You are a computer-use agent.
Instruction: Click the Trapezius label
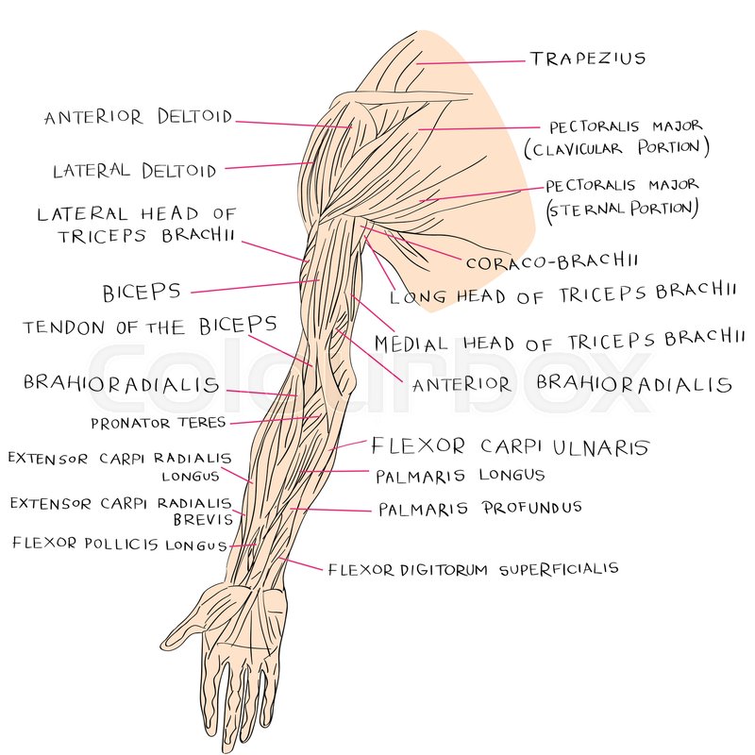pos(588,59)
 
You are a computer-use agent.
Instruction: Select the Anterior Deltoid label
pos(138,118)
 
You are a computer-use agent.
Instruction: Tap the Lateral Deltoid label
pos(134,172)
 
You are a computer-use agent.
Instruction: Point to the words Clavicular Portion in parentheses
pos(615,148)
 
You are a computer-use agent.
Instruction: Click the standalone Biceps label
pos(142,291)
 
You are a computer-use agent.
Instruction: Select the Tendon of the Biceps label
pos(150,327)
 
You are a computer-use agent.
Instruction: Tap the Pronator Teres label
pos(158,424)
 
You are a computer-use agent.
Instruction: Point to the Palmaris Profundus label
pos(479,509)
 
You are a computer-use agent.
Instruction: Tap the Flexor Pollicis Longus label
pos(119,545)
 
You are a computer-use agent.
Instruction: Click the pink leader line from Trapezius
pos(472,62)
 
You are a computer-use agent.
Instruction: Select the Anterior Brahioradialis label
pos(572,384)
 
